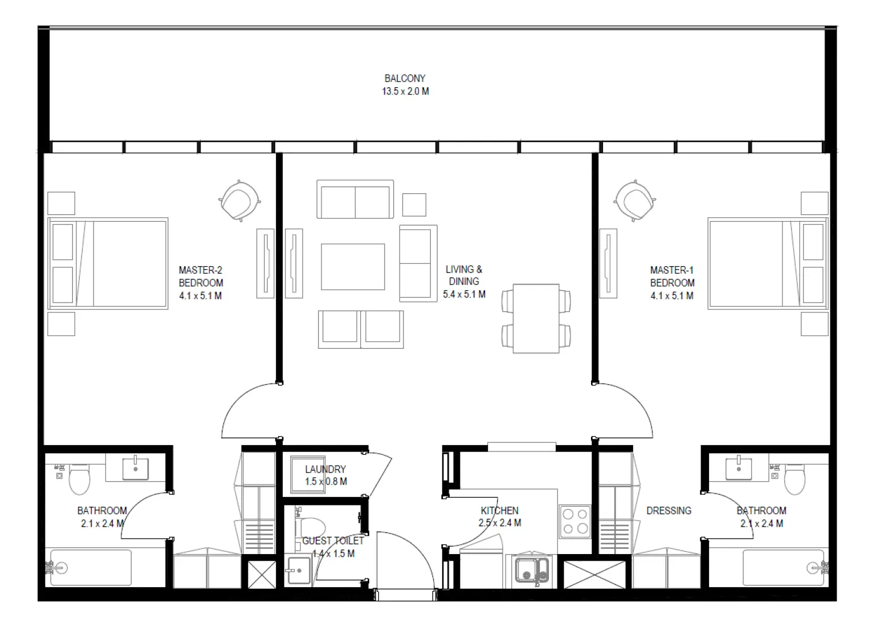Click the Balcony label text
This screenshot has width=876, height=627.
coord(405,79)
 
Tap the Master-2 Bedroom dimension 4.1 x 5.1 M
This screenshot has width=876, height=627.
coord(200,296)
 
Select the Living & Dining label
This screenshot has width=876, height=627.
coord(463,275)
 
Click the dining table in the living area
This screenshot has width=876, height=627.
coord(536,318)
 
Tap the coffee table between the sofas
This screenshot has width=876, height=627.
coord(352,267)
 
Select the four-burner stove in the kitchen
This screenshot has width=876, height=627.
coord(575,521)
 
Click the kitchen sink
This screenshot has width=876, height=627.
coord(532,571)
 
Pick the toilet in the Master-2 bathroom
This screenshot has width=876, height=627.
coord(79,479)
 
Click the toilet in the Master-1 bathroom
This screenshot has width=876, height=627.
coord(794,479)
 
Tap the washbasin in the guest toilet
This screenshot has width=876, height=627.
coord(299,570)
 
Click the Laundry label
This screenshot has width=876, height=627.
coord(325,469)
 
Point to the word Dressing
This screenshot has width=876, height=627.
coord(669,511)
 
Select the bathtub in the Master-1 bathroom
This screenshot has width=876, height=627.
coord(783,568)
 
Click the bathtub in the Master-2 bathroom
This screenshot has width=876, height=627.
coord(91,568)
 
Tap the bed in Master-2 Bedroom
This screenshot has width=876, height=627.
coord(108,263)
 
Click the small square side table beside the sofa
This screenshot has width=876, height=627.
coord(414,205)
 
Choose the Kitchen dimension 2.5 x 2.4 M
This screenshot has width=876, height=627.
coord(500,523)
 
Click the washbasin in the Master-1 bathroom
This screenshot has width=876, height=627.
coord(739,469)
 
